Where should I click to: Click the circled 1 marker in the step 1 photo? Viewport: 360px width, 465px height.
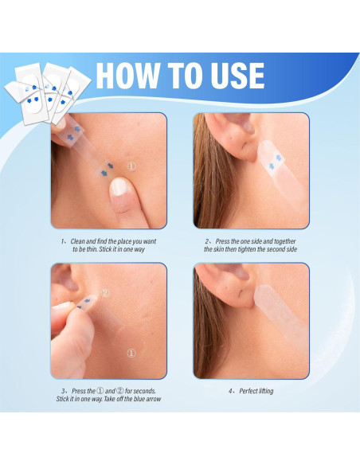132,167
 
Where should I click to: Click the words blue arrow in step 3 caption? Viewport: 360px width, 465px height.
147,399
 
